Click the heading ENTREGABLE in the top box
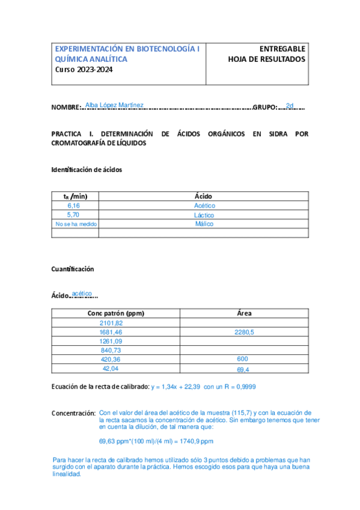click(x=282, y=49)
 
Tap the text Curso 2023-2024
click(x=84, y=69)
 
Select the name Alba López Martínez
click(x=114, y=105)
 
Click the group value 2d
click(x=290, y=106)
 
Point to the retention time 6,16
click(x=74, y=206)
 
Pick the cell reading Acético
click(x=204, y=206)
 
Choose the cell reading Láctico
click(x=204, y=215)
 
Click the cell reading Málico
click(x=204, y=224)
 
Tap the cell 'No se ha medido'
click(x=76, y=224)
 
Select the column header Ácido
click(x=203, y=196)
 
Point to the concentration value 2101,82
click(x=111, y=323)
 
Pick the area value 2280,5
click(x=243, y=332)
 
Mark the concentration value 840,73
click(x=111, y=350)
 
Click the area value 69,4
click(x=243, y=369)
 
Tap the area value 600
click(x=242, y=359)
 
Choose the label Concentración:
click(x=73, y=414)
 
